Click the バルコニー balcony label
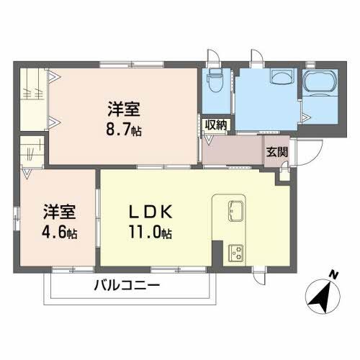127,286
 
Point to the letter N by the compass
333,274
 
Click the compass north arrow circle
322,296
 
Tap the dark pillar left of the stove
216,253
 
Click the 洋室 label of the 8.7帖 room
125,109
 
